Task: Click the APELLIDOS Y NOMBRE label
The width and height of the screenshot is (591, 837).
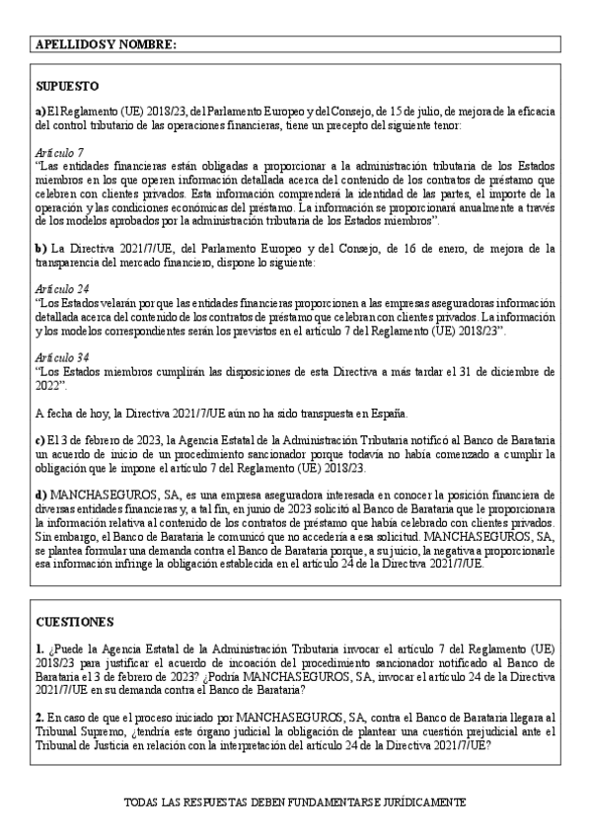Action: pyautogui.click(x=106, y=45)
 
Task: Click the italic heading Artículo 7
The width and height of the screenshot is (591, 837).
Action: pyautogui.click(x=58, y=153)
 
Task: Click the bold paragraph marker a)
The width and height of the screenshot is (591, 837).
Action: pyautogui.click(x=39, y=112)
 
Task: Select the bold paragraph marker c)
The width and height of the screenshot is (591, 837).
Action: pyautogui.click(x=39, y=437)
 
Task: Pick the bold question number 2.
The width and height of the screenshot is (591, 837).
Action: pyautogui.click(x=38, y=718)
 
